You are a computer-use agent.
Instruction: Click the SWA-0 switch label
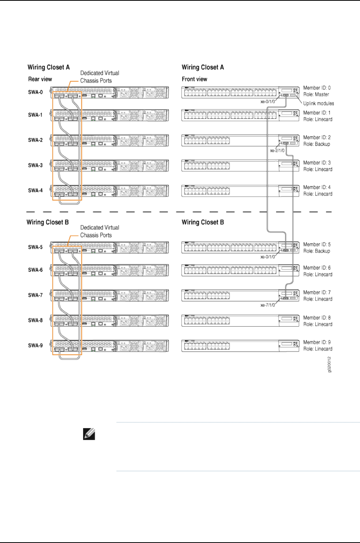pyautogui.click(x=35, y=92)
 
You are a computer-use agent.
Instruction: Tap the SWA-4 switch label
pyautogui.click(x=35, y=191)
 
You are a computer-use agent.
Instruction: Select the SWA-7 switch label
pyautogui.click(x=35, y=296)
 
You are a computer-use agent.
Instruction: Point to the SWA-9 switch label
pyautogui.click(x=35, y=345)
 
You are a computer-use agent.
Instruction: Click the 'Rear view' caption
pyautogui.click(x=40, y=79)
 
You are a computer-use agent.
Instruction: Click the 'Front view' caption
pyautogui.click(x=194, y=79)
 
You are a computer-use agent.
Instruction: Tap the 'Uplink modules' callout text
pyautogui.click(x=318, y=103)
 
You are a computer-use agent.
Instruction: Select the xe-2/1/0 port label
pyautogui.click(x=277, y=151)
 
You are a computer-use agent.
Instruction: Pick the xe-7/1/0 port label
pyautogui.click(x=268, y=305)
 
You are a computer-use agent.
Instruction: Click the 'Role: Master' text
pyautogui.click(x=316, y=95)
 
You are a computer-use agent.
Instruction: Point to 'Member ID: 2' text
pyautogui.click(x=317, y=138)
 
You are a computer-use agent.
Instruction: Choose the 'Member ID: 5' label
pyautogui.click(x=317, y=244)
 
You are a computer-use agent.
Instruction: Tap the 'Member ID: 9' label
pyautogui.click(x=317, y=342)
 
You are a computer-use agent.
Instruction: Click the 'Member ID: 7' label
pyautogui.click(x=317, y=292)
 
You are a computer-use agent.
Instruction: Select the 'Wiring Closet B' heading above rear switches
pyautogui.click(x=48, y=222)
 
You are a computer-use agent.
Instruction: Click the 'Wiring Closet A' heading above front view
pyautogui.click(x=203, y=67)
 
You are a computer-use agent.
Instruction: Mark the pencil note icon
pyautogui.click(x=89, y=434)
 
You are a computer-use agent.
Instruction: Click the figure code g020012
pyautogui.click(x=329, y=364)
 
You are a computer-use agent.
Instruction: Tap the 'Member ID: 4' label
pyautogui.click(x=317, y=188)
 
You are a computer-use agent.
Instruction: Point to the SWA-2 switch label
pyautogui.click(x=35, y=140)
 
